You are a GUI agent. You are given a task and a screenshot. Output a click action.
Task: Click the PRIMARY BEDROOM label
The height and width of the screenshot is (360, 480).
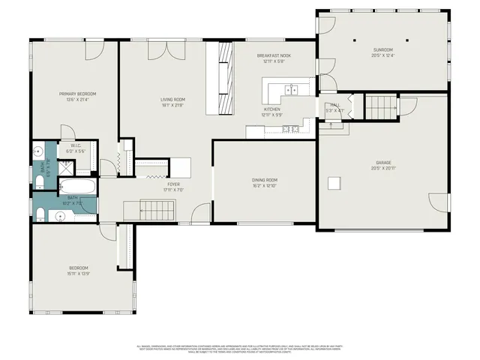click(x=78, y=94)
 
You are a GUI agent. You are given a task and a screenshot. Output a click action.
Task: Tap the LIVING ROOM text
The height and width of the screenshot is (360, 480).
click(x=172, y=99)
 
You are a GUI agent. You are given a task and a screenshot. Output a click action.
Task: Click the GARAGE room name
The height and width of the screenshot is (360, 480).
click(x=383, y=163)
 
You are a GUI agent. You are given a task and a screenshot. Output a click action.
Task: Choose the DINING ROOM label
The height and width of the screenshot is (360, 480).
click(x=265, y=180)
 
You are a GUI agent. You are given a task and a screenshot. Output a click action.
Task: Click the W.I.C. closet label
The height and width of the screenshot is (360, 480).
click(x=76, y=145)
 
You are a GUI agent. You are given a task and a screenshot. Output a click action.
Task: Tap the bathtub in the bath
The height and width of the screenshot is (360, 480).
click(x=77, y=186)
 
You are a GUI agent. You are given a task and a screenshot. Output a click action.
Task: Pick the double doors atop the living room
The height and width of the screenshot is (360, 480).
click(x=160, y=49)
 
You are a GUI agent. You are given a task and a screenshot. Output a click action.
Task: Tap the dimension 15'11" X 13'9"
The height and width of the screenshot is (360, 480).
click(x=79, y=274)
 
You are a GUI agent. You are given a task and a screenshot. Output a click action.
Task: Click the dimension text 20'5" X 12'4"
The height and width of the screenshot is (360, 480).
click(x=382, y=55)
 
